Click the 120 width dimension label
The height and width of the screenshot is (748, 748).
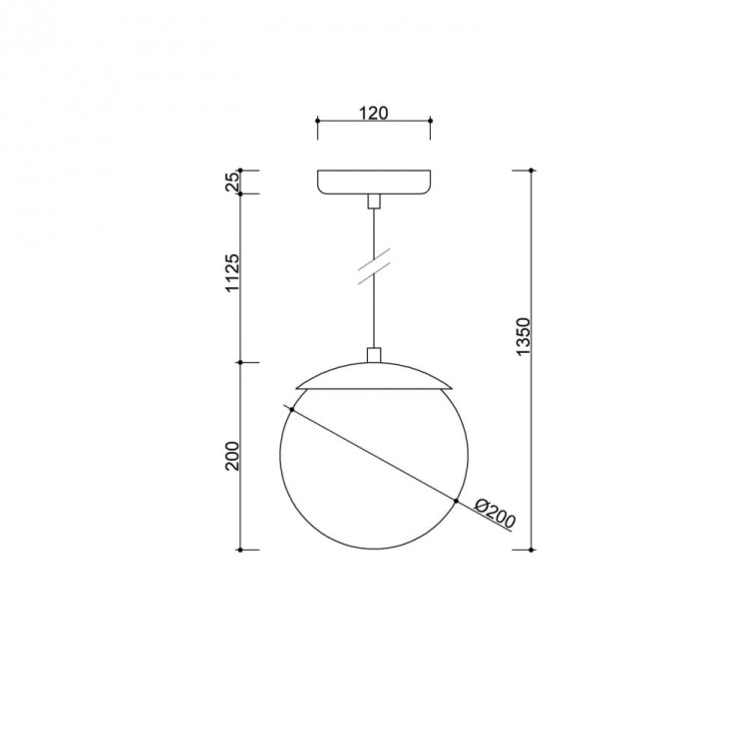point(374,113)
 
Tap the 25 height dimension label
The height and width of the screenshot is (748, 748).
point(231,182)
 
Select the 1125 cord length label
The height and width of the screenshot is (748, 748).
point(231,273)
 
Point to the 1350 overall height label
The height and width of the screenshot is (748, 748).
point(523,336)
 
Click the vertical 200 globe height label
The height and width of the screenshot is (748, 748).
point(231,457)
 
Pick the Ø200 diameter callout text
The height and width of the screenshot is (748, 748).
point(495,514)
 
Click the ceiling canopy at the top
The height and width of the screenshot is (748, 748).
point(374,182)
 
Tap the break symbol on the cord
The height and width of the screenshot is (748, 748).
point(374,266)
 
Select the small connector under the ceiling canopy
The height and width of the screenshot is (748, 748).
point(374,201)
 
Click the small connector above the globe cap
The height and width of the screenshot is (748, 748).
point(374,355)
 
